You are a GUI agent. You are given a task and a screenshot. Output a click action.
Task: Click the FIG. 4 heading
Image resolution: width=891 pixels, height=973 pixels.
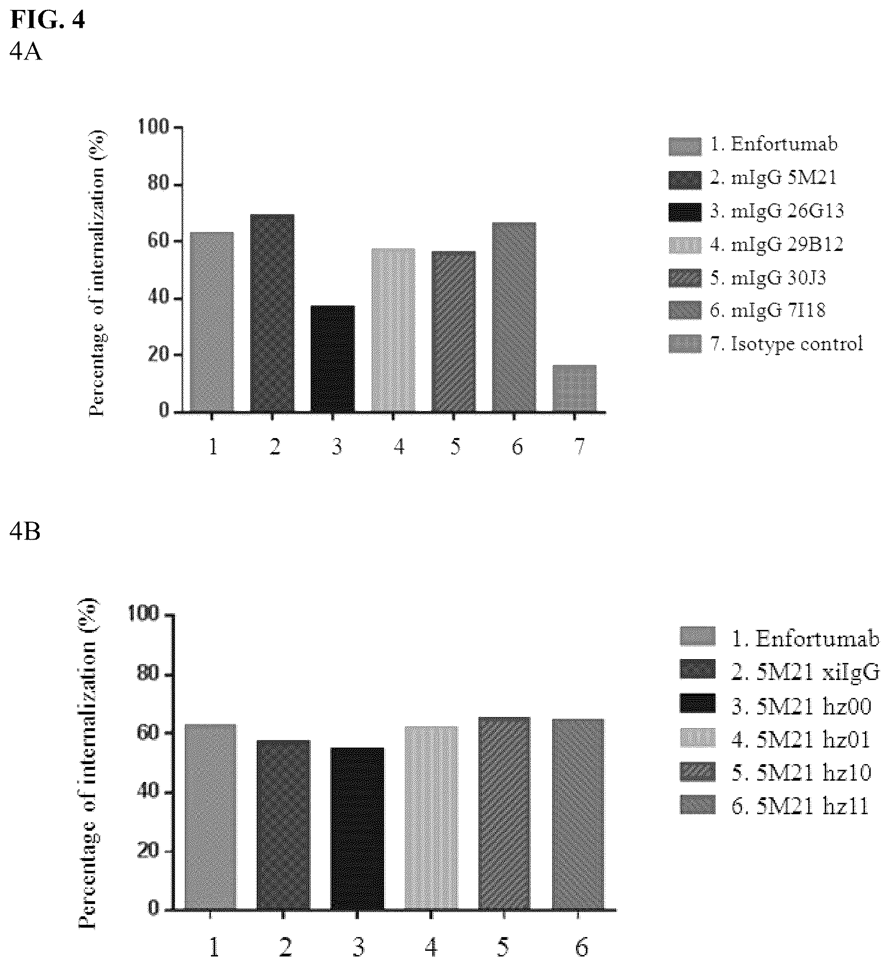tap(47, 20)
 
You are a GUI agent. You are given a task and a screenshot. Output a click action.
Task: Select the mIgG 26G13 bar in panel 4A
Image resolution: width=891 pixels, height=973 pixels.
tap(333, 359)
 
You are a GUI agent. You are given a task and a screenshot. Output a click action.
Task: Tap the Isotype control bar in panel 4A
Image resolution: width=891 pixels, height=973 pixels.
tap(574, 388)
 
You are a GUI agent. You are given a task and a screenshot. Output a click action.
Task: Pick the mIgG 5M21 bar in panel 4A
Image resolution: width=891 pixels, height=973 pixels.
tap(272, 313)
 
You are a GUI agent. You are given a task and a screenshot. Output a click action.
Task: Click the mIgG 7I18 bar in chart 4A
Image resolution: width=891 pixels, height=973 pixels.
tap(514, 317)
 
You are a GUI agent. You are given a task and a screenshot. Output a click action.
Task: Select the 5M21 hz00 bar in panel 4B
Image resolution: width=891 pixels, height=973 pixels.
tap(358, 829)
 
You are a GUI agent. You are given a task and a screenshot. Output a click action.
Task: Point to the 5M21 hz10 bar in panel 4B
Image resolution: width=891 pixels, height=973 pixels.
tap(504, 813)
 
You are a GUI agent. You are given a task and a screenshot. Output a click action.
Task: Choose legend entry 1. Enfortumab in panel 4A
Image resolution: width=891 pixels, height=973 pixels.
tap(753, 145)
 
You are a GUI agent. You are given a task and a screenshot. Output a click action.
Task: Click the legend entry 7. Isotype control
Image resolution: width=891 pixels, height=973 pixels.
tap(766, 344)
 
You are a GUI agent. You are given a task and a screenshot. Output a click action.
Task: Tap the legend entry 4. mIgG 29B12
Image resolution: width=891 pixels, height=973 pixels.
tap(756, 245)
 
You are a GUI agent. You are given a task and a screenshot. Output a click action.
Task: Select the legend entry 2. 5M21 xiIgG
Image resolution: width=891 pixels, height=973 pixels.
tap(779, 672)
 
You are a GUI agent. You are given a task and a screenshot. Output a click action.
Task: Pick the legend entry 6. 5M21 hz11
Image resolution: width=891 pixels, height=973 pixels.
tap(775, 806)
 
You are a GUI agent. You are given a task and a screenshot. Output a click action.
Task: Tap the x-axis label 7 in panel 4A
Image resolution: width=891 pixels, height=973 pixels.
tap(579, 447)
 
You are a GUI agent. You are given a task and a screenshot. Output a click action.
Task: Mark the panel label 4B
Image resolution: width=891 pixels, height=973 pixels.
tap(25, 532)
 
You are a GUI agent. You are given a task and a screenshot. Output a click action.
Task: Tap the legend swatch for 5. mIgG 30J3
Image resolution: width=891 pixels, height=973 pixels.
tap(685, 277)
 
